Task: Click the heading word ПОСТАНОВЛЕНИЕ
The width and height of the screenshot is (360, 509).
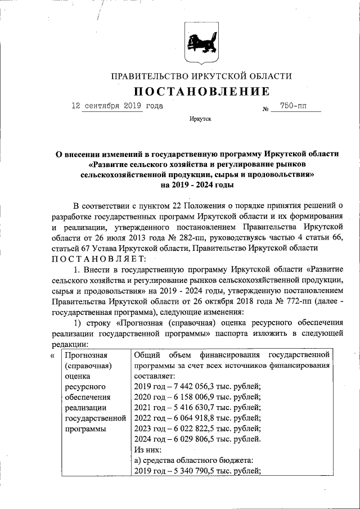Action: [201, 91]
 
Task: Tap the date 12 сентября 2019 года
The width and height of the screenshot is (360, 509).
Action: [117, 106]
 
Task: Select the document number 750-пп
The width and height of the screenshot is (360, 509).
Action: [295, 106]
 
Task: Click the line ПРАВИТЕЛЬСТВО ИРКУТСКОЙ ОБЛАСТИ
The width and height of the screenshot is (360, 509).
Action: [201, 76]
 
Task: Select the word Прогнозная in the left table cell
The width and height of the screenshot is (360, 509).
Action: [86, 355]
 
